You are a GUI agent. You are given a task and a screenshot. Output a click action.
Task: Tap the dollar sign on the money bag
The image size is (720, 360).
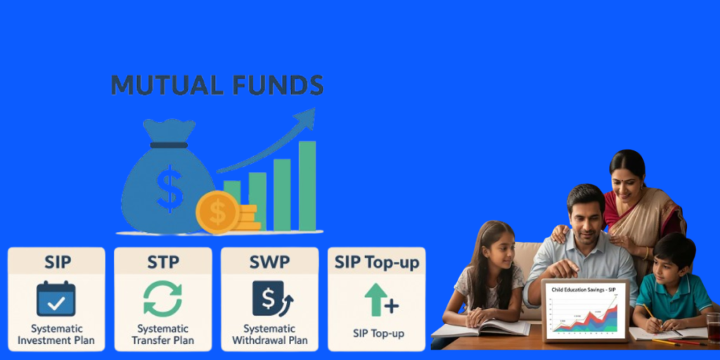[x=169, y=188]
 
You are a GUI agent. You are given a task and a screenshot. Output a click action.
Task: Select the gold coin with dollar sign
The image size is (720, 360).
[x=217, y=212]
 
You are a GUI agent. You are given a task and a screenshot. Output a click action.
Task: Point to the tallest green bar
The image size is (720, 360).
[x=307, y=186]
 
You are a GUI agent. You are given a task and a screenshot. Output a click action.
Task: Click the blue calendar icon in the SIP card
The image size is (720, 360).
[x=56, y=298]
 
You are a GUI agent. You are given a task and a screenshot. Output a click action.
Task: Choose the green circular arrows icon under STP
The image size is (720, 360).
[x=162, y=299]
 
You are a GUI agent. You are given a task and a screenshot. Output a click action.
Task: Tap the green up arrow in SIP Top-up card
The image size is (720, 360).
[x=375, y=299]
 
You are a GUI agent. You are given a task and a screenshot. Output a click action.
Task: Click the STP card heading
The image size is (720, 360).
[x=163, y=262]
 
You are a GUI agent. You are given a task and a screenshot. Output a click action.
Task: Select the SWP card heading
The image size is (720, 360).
[x=269, y=262]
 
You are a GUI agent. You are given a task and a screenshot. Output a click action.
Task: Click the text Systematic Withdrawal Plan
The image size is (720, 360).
[x=269, y=335]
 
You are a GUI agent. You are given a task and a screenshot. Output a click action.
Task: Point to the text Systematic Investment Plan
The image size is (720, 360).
[x=56, y=335]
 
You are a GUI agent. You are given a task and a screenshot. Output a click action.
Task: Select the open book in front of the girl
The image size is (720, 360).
[x=481, y=328]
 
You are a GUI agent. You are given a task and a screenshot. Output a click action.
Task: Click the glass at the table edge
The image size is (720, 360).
[x=713, y=328]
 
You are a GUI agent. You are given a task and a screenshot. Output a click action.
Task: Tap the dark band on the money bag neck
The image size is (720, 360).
[x=169, y=145]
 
